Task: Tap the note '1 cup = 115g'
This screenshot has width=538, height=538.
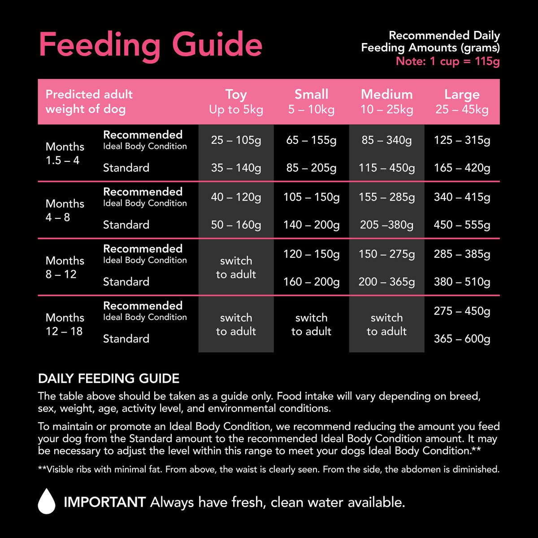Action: point(447,61)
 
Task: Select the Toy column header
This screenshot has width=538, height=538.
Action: point(236,102)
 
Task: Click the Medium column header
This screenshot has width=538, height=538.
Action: point(386,102)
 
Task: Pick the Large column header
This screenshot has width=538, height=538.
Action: point(462,102)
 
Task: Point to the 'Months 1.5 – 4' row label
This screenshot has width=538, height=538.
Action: point(65,153)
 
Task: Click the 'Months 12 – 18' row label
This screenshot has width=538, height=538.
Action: point(65,324)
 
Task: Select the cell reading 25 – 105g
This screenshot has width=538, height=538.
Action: point(236,140)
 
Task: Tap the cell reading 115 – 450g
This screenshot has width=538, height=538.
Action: point(386,168)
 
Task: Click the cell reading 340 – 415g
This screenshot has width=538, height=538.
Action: point(462,197)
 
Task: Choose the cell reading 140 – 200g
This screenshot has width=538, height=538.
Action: point(311,225)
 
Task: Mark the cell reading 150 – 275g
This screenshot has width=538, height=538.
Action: point(386,254)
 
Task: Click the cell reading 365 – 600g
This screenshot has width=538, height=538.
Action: point(462,339)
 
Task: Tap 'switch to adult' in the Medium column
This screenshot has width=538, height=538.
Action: point(386,325)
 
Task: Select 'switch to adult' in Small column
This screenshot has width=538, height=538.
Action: point(311,325)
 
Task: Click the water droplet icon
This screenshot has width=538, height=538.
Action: point(47,501)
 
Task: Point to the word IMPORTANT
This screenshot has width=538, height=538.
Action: point(104,502)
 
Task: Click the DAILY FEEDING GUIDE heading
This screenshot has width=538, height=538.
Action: point(108,379)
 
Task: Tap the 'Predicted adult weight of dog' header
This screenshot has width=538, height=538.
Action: point(89,102)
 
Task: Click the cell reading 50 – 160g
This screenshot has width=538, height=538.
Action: point(236,225)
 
